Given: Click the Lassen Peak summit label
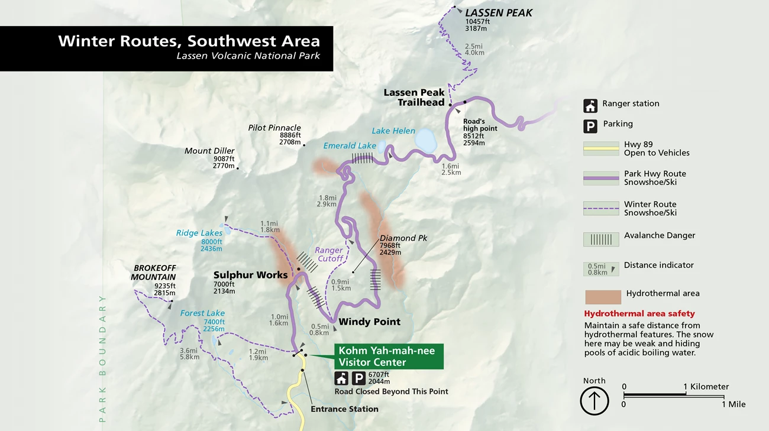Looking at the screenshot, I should (x=499, y=13).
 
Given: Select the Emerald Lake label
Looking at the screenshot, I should (x=350, y=145).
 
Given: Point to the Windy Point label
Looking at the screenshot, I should (x=369, y=322).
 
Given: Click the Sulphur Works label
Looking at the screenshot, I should (x=250, y=275).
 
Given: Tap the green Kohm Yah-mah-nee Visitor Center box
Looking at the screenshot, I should (x=388, y=357).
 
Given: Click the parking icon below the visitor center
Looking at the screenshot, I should (x=358, y=378).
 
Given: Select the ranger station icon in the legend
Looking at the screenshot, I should (x=590, y=106).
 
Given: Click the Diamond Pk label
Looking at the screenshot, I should (x=403, y=238).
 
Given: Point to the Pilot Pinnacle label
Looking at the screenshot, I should (x=274, y=128).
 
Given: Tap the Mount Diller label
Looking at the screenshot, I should (x=209, y=151).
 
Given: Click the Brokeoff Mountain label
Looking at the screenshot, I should (x=153, y=273).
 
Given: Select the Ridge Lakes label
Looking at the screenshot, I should (x=199, y=233).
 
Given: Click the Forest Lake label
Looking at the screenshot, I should (x=202, y=313).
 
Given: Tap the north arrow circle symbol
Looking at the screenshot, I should (x=594, y=401).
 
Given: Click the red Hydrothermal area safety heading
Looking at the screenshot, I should (x=639, y=313).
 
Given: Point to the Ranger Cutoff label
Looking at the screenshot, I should (x=329, y=254).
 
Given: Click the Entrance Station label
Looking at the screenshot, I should (x=344, y=409).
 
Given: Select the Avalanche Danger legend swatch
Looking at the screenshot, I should (x=601, y=239).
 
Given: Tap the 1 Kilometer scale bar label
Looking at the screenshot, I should (x=706, y=387).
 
